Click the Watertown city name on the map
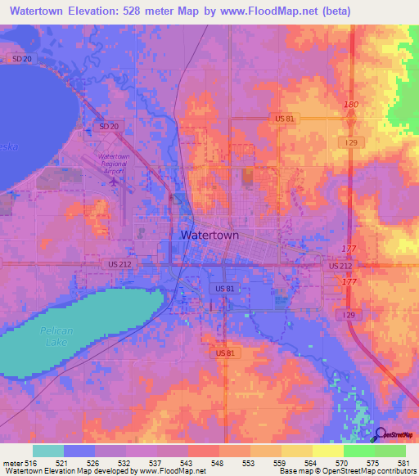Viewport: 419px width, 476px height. tap(209, 235)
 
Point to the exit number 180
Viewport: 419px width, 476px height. tap(352, 105)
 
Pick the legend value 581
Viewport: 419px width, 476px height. tap(403, 463)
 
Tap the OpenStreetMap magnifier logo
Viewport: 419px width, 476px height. tap(381, 435)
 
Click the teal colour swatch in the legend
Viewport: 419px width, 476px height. tap(48, 451)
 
